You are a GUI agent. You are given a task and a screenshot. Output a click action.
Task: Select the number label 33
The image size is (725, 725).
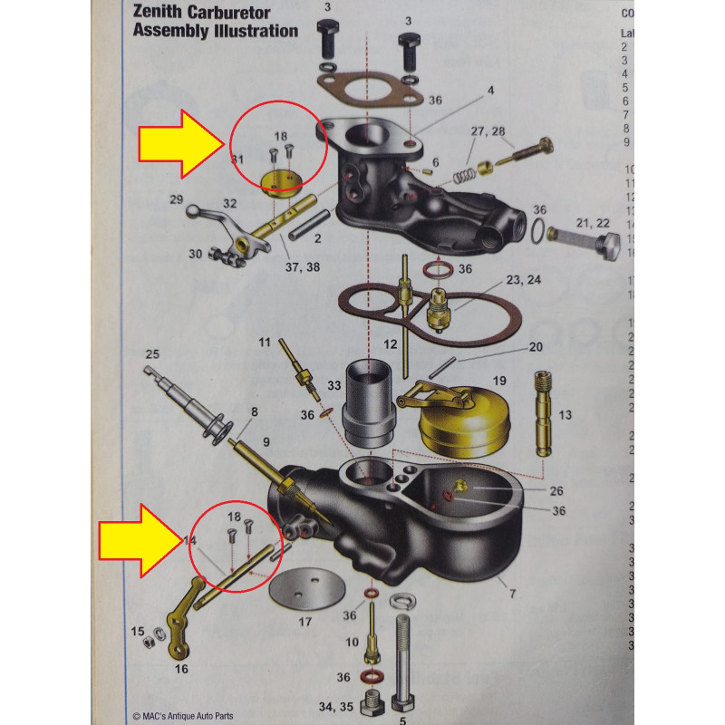(333, 386)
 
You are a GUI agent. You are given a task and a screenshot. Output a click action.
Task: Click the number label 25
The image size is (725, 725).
(152, 353)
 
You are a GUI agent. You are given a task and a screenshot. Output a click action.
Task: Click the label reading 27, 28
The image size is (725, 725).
(488, 131)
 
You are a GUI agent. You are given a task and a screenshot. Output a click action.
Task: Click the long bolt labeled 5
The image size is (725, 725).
(403, 662)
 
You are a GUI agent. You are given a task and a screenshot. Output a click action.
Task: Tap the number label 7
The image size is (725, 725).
(512, 594)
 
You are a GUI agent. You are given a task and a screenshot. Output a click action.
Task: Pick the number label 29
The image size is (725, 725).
(177, 198)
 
